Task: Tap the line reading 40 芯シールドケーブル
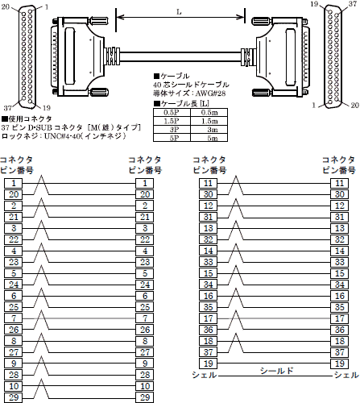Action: click(190, 84)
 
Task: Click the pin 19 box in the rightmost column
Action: click(340, 364)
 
